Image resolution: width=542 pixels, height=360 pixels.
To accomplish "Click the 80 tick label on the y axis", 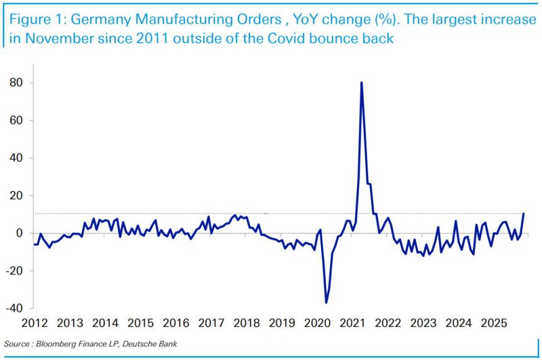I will coord(16,83).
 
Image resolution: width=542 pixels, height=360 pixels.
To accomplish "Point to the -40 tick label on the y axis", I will coord(14,308).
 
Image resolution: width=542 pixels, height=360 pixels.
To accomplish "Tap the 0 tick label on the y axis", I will coord(19,233).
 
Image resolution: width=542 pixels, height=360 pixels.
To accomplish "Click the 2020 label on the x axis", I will coord(318,323).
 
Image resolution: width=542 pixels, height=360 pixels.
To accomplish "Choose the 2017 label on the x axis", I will coord(211,323).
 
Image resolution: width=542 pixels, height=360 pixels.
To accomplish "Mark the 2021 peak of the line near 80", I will coord(361,83).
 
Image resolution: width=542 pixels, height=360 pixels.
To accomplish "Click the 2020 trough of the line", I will coord(327,302).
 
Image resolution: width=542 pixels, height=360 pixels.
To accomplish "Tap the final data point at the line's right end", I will coord(524,214).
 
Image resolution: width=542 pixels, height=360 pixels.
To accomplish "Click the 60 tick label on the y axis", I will coord(16,121).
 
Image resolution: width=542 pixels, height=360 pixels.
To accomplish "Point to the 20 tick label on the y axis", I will coord(16,196).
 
